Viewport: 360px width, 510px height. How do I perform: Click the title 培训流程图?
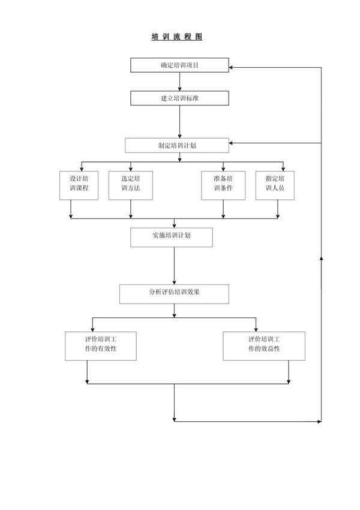pyautogui.click(x=177, y=37)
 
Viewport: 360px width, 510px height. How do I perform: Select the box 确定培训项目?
pyautogui.click(x=179, y=65)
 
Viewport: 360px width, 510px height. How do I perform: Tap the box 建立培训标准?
pyautogui.click(x=179, y=98)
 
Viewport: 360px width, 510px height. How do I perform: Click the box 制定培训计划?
pyautogui.click(x=176, y=145)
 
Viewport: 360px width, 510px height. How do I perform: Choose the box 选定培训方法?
pyautogui.click(x=130, y=185)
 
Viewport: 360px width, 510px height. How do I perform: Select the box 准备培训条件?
pyautogui.click(x=223, y=185)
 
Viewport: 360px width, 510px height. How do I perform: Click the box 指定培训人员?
pyautogui.click(x=278, y=185)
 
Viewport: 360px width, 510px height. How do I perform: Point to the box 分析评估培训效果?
pyautogui.click(x=174, y=293)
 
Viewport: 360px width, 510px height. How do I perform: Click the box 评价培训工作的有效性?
pyautogui.click(x=100, y=346)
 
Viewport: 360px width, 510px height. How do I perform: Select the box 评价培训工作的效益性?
pyautogui.click(x=263, y=346)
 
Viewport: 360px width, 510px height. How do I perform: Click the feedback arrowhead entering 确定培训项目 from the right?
pyautogui.click(x=232, y=67)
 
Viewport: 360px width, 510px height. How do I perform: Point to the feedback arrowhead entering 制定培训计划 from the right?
pyautogui.click(x=232, y=143)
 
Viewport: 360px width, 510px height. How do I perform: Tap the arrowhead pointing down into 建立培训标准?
pyautogui.click(x=179, y=88)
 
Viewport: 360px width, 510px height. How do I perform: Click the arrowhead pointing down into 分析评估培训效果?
pyautogui.click(x=174, y=281)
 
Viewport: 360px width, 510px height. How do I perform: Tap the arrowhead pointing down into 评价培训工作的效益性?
pyautogui.click(x=256, y=328)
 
